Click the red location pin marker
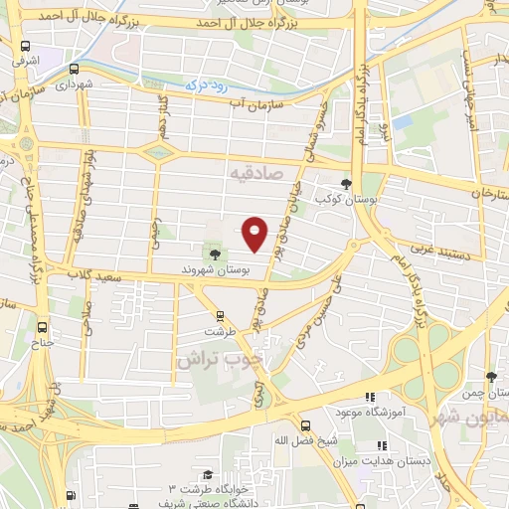tap(255, 233)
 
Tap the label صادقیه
tap(256, 174)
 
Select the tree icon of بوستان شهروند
tap(215, 254)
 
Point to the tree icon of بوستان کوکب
tap(345, 184)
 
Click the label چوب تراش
tap(221, 359)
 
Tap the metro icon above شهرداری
tap(75, 69)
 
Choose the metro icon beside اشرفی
tap(25, 46)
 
